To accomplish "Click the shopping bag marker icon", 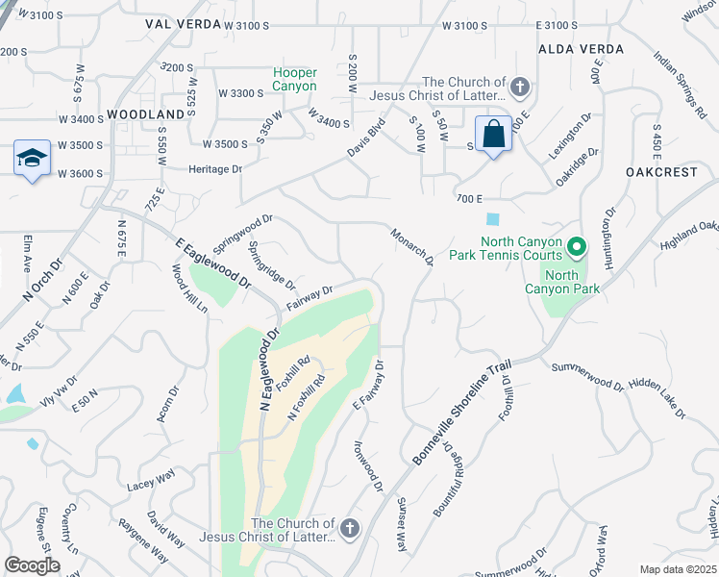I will coord(493,135).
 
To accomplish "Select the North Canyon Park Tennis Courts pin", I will coord(576,248).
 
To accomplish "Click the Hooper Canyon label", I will coord(294,79).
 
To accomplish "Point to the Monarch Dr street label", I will coord(413,247).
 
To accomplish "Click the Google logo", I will coord(32,565).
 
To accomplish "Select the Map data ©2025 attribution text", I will coord(678,569).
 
